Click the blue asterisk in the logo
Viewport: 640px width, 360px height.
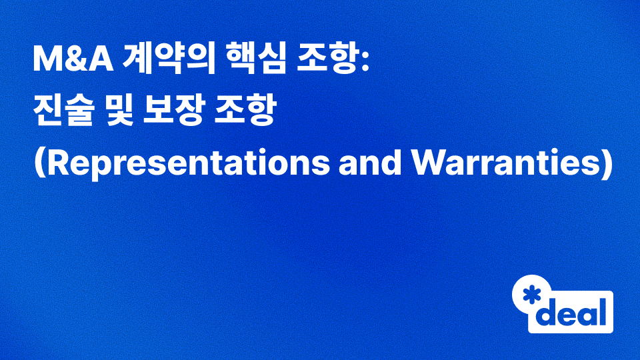532,295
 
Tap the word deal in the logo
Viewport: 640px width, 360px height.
574,311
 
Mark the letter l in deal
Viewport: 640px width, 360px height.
603,310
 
